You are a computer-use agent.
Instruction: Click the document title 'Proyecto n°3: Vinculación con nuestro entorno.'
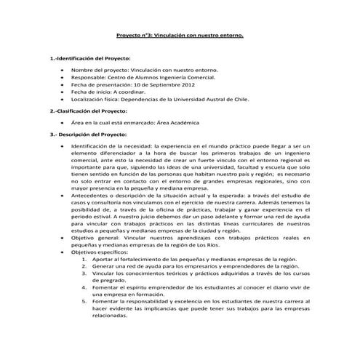(180, 34)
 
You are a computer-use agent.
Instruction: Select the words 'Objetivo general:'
(96, 237)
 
